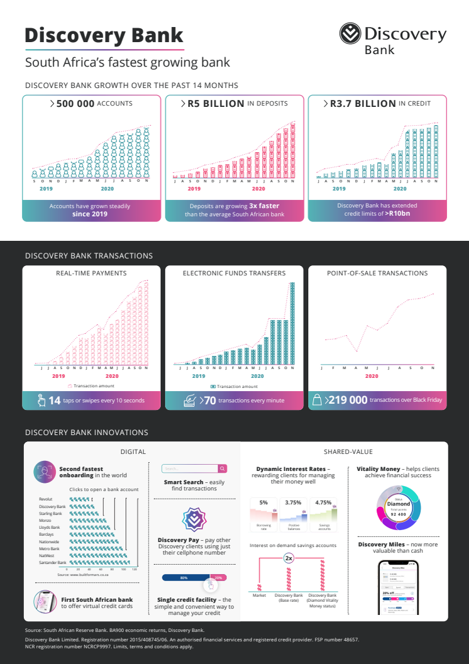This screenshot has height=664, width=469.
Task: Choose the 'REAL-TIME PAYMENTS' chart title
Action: [x=91, y=274]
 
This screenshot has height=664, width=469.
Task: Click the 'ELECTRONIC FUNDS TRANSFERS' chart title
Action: [x=234, y=274]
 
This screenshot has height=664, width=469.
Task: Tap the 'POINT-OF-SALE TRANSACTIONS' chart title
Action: [x=377, y=274]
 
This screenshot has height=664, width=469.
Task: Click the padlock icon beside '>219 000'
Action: [x=317, y=400]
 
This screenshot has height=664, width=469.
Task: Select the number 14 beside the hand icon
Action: [x=54, y=400]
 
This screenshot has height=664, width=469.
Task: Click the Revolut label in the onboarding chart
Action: [x=45, y=499]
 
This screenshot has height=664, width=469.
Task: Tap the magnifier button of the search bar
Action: [x=222, y=468]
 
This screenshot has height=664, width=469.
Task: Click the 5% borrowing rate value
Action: [x=263, y=502]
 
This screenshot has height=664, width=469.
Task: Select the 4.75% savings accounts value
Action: [x=323, y=502]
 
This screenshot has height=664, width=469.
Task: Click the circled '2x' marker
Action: [x=289, y=558]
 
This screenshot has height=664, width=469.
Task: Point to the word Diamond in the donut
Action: [x=399, y=504]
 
